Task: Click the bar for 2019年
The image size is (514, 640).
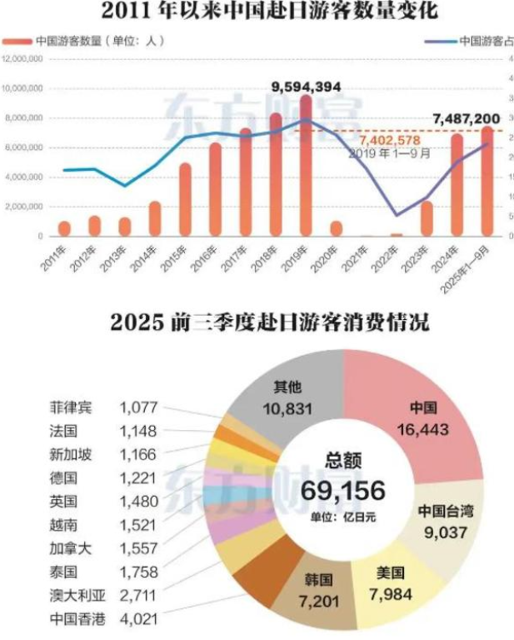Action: (306, 166)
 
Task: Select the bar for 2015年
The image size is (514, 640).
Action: (185, 200)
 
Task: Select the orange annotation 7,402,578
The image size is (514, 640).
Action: (391, 141)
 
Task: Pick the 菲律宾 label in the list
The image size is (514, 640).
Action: (72, 408)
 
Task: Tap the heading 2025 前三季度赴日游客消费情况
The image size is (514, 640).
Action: (256, 322)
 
